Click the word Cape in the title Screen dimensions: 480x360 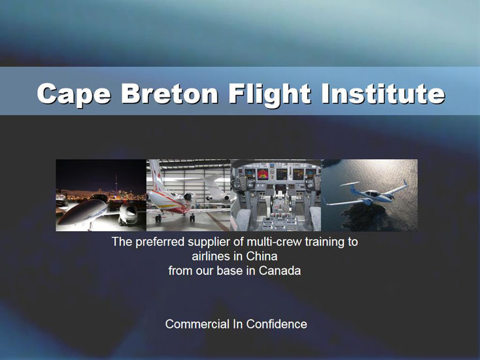pyautogui.click(x=74, y=94)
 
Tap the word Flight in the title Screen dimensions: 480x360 pyautogui.click(x=269, y=94)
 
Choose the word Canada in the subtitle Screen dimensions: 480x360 pyautogui.click(x=280, y=270)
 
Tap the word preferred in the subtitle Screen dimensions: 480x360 pyautogui.click(x=160, y=242)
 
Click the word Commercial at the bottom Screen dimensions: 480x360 pyautogui.click(x=197, y=324)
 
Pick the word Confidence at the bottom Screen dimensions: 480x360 pyautogui.click(x=277, y=324)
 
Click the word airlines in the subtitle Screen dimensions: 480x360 pyautogui.click(x=211, y=256)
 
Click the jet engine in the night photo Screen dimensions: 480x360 pyautogui.click(x=128, y=212)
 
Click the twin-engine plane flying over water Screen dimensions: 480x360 pyautogui.click(x=366, y=193)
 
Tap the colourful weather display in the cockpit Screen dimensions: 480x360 pyautogui.click(x=263, y=174)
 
